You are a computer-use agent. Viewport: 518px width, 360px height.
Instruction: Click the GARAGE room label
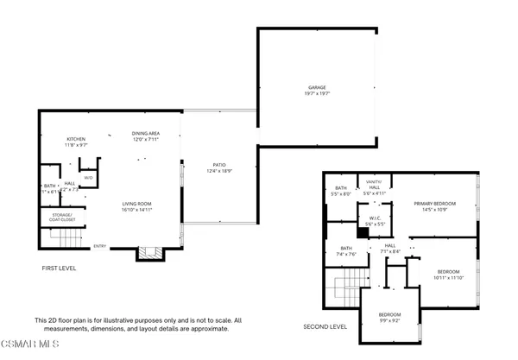(318, 87)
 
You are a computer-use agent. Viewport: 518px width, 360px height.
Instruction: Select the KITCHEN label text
(76, 139)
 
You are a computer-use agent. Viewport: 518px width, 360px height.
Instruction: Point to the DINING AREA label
(145, 133)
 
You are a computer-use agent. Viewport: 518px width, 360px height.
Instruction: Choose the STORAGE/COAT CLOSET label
(62, 218)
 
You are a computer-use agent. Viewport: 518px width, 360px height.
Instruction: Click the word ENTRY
(100, 246)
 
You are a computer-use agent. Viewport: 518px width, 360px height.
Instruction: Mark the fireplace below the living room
(149, 253)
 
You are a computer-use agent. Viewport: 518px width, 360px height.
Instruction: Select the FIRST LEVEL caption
(60, 268)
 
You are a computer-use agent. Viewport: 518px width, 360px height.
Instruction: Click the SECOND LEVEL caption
(325, 327)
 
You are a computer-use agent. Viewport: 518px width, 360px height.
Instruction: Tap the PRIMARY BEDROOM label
(433, 203)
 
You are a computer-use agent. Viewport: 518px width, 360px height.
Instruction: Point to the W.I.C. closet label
(376, 218)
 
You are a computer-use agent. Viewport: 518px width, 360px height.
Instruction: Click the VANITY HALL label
(374, 185)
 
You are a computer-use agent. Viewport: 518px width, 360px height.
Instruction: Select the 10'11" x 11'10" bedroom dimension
(449, 278)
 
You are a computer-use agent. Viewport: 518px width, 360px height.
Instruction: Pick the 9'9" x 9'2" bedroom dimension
(388, 321)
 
